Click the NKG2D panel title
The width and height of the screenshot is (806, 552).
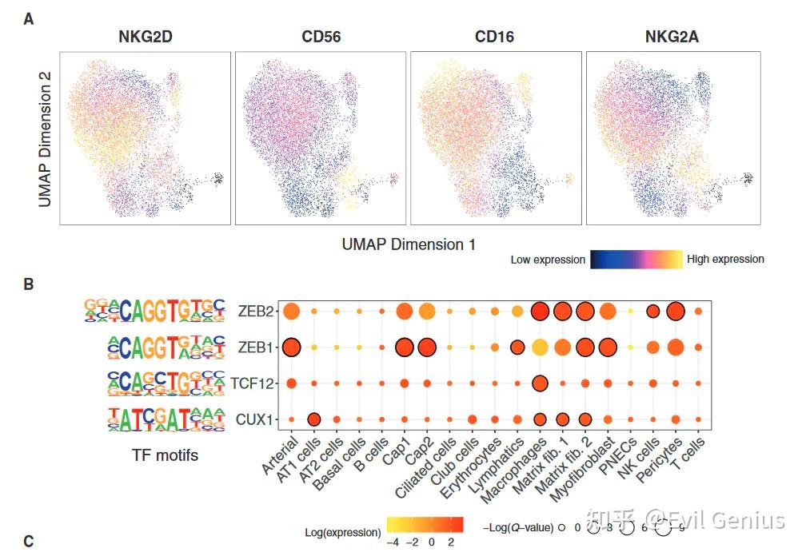click(144, 37)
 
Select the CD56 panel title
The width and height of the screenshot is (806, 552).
click(321, 37)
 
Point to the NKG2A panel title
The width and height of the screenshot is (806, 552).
click(673, 37)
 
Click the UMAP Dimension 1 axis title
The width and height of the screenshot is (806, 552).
click(409, 244)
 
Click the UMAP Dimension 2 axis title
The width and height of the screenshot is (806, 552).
click(46, 139)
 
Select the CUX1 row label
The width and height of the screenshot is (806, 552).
click(255, 419)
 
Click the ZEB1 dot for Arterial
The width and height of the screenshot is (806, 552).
click(291, 347)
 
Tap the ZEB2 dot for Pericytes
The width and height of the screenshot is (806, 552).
click(676, 311)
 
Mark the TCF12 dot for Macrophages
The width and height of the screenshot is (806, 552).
click(540, 383)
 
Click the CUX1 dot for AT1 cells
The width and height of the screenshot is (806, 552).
click(314, 419)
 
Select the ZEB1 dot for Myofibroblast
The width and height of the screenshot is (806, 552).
click(608, 347)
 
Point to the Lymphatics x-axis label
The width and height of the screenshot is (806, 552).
click(501, 464)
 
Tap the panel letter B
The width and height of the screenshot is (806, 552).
click(29, 284)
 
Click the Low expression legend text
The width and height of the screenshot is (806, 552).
click(548, 260)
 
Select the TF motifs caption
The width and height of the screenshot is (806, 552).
click(165, 455)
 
